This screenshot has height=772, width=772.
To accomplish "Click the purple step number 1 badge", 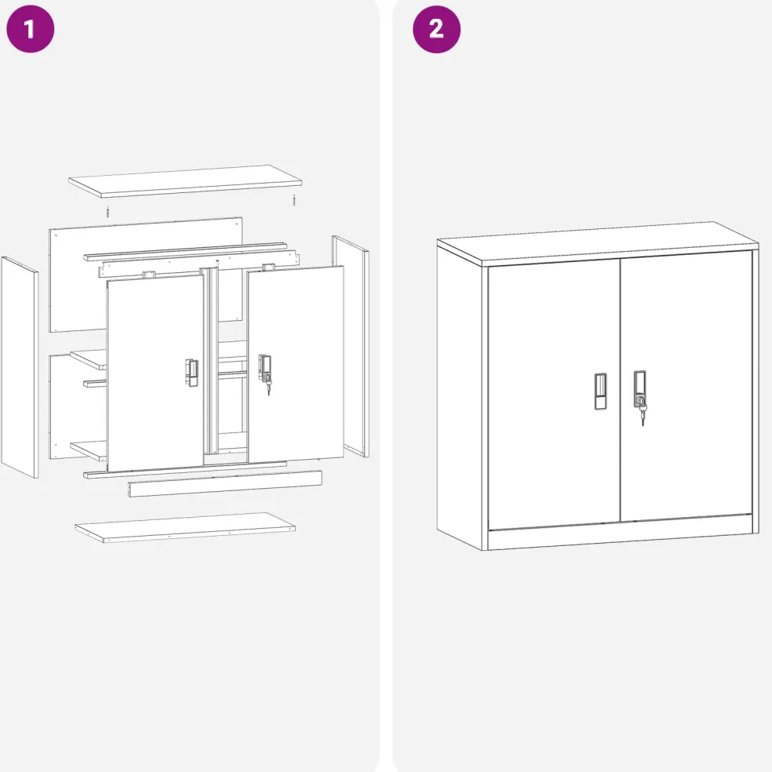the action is [30, 29].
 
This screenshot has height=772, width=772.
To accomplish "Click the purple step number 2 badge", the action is [437, 29].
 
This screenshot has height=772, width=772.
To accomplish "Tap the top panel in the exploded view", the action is [185, 181].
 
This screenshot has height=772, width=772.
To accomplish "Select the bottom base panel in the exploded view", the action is [185, 528].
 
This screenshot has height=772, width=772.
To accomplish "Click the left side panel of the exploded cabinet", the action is [20, 367].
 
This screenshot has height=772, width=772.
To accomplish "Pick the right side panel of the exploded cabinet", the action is [351, 347].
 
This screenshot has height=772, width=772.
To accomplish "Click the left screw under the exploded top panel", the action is [107, 212].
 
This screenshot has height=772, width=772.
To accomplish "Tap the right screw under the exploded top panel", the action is [294, 200].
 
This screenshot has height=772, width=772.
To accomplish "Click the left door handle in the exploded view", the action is [192, 373].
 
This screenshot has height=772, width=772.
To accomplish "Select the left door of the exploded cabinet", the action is [155, 373].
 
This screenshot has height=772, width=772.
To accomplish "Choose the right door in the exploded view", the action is [296, 364].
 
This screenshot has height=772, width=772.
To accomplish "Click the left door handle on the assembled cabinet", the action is [601, 391].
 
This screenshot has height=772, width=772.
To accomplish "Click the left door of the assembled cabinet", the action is [554, 394].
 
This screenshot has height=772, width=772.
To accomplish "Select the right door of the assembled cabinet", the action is [686, 387].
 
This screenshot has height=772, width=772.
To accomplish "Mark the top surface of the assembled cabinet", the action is [598, 243].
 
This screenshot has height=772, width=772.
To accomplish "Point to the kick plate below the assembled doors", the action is [621, 532].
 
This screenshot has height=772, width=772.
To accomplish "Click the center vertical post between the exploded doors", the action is [212, 362].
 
